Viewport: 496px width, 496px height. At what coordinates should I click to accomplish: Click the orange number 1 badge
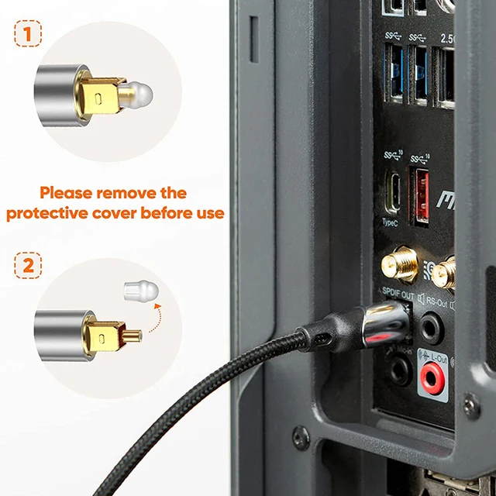click(28, 36)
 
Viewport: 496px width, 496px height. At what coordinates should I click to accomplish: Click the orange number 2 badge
click(28, 266)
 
